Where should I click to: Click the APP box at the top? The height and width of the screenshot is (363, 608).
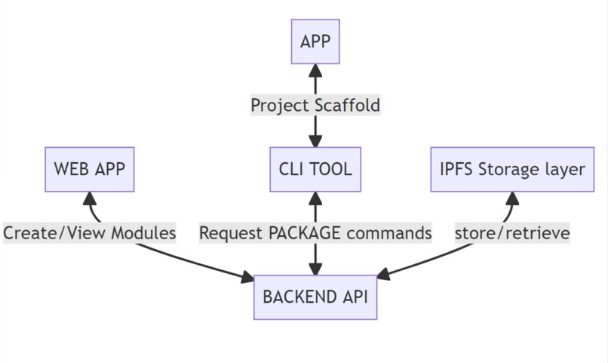tap(315, 42)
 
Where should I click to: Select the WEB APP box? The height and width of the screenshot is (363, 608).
tap(89, 169)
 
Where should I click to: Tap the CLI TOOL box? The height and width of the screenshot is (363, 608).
tap(315, 169)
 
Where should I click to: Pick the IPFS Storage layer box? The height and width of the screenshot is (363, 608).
tap(512, 169)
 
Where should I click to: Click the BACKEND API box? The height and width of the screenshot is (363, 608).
tap(315, 297)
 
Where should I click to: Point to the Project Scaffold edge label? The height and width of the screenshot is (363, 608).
tap(315, 105)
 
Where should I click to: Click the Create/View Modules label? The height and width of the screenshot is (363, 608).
tap(89, 233)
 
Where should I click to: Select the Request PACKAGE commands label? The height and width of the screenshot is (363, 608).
tap(315, 233)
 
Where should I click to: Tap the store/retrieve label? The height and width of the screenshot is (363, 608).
tap(512, 233)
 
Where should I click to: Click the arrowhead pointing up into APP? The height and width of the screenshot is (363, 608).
tap(315, 71)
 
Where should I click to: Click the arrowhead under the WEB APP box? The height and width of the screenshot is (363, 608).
tap(90, 198)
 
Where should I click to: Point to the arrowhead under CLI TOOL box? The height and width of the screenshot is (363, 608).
tap(315, 198)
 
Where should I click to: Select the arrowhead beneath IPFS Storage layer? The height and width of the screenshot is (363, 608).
tap(512, 198)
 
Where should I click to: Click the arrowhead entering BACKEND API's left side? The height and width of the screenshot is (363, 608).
tap(247, 279)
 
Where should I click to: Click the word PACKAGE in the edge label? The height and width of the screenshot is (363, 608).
tap(304, 233)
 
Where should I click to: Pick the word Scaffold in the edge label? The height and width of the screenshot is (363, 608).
tap(349, 105)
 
